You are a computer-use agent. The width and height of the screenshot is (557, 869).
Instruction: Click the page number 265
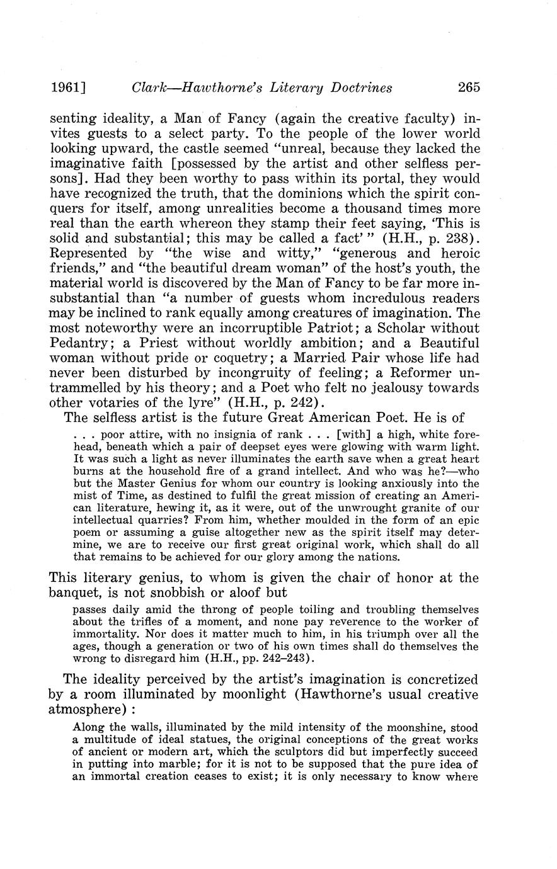coord(469,88)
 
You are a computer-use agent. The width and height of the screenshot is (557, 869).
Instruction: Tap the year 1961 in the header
coord(65,88)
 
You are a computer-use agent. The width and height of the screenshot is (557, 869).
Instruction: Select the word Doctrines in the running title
coord(356,88)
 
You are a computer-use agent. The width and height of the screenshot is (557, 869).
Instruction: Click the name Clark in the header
coord(150,88)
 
